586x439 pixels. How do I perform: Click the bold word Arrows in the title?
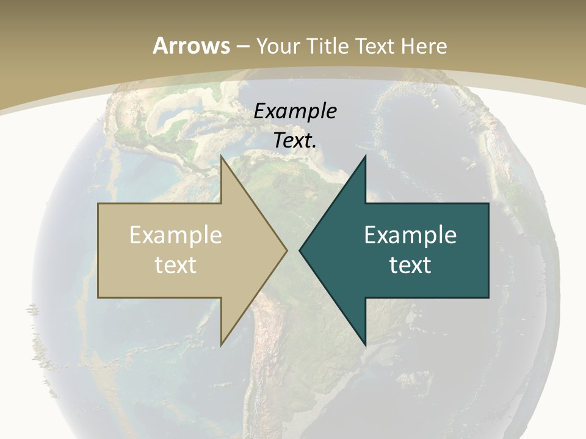coord(190,46)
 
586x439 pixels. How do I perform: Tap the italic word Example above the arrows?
coord(295,111)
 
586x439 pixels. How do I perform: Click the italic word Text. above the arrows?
coord(295,140)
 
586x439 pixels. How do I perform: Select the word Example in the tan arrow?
coord(176,235)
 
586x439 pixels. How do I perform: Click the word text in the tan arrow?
coord(176,265)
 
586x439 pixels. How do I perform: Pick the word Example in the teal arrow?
coord(410,235)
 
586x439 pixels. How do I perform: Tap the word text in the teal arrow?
coord(410,265)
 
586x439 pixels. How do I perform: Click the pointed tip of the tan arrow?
coord(287,250)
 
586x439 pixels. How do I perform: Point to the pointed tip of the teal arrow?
coord(299,250)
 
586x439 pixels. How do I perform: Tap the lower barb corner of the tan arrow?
coord(221,344)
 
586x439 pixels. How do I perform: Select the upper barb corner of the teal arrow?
coord(365,156)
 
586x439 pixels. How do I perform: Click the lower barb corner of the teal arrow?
coord(365,344)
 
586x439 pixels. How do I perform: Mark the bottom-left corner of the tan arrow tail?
coord(98,298)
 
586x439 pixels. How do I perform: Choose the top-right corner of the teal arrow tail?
coord(488,204)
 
